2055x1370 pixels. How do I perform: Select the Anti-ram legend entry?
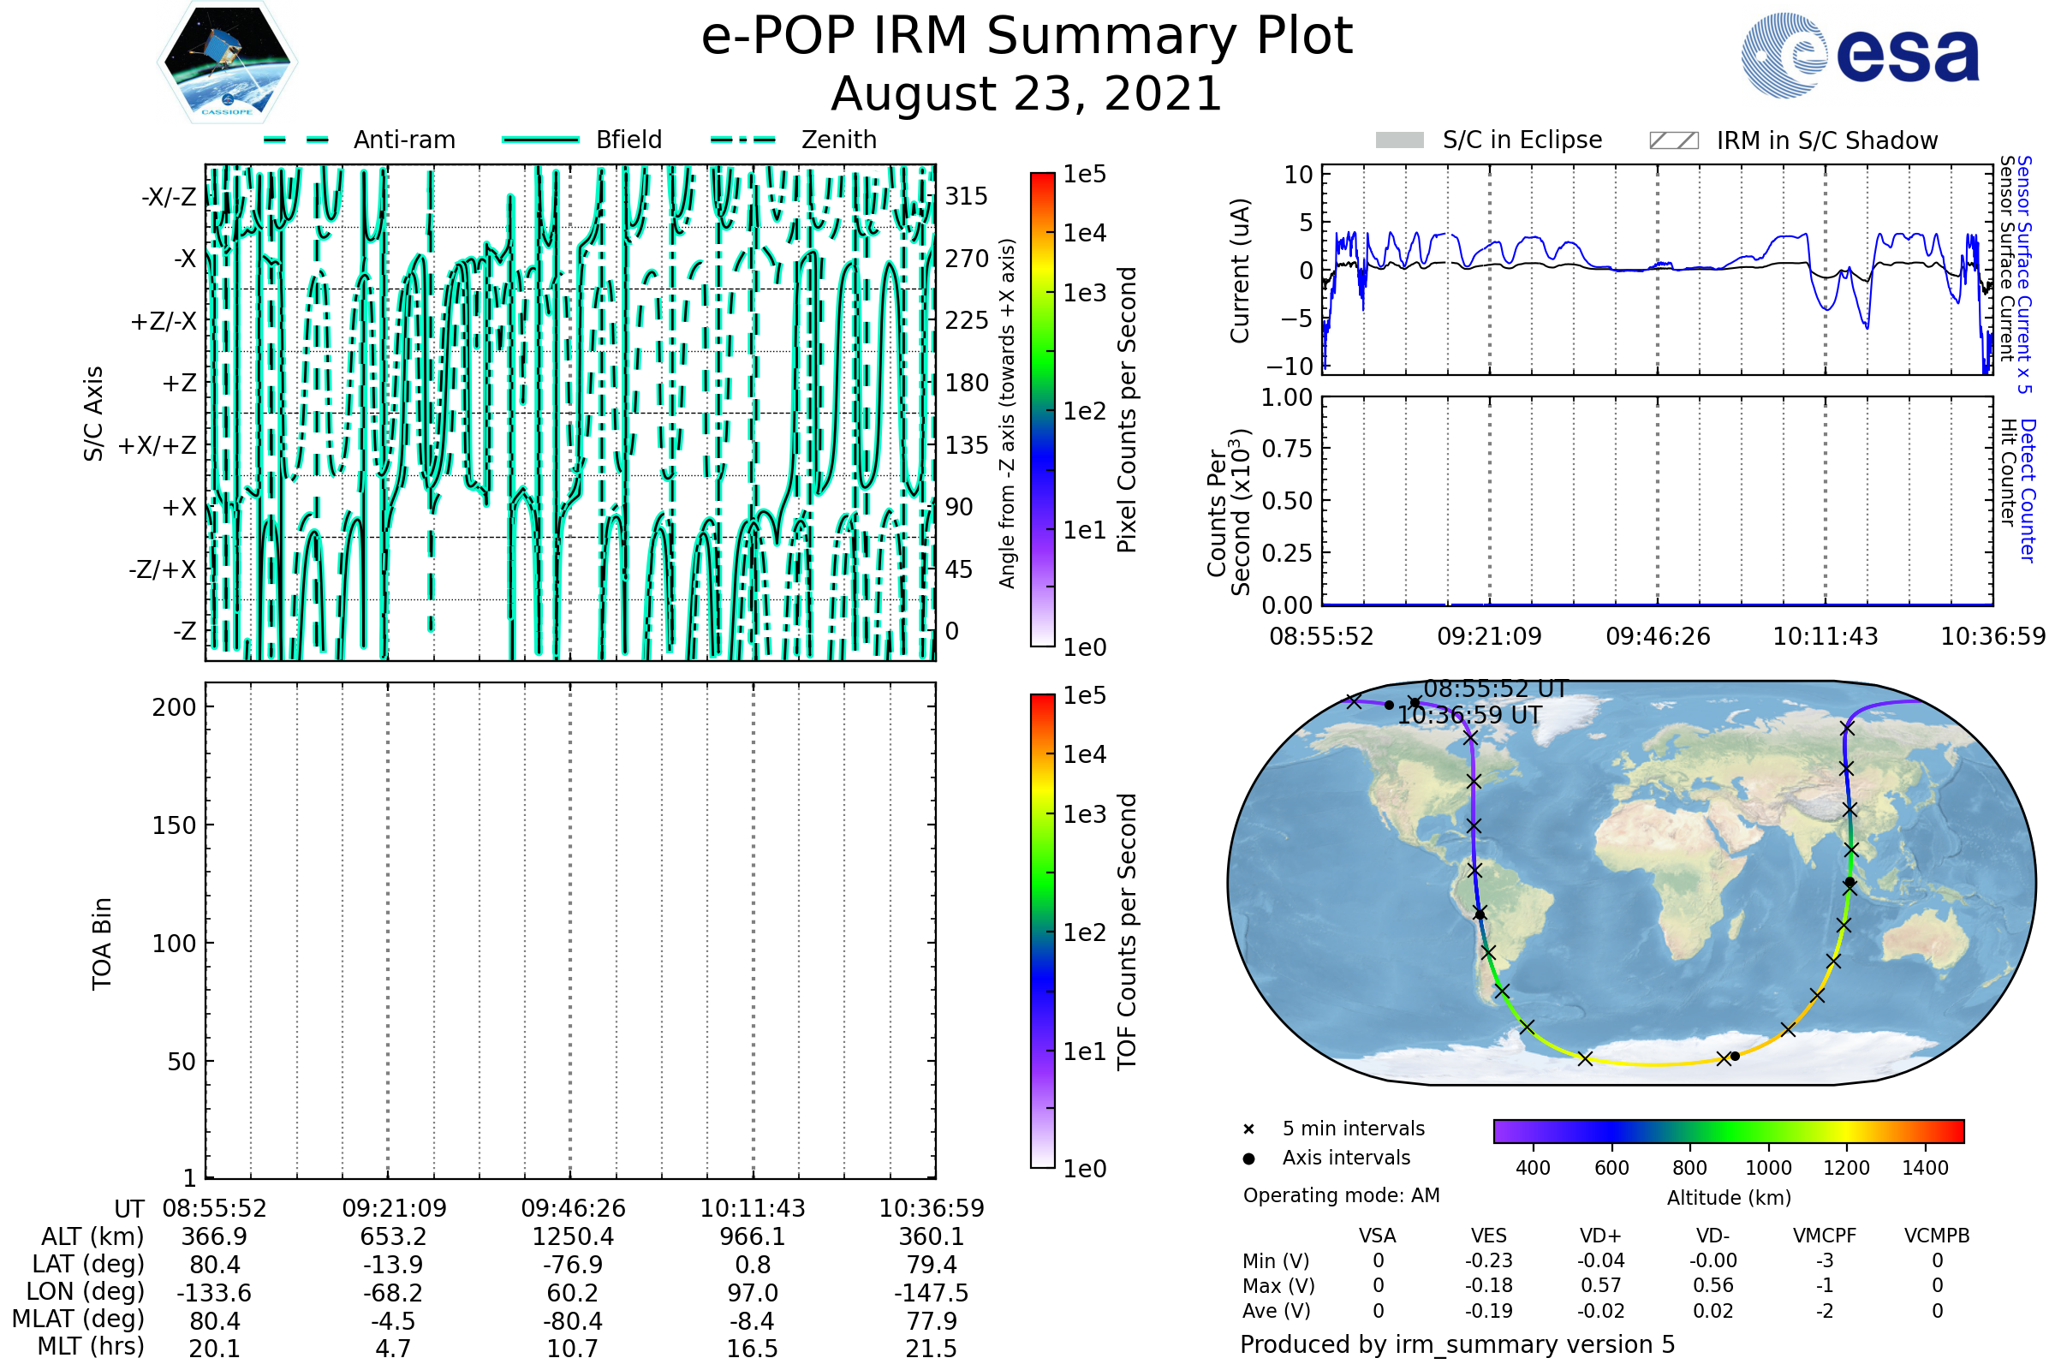pyautogui.click(x=359, y=140)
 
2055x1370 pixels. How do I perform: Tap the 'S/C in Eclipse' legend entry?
pyautogui.click(x=1489, y=140)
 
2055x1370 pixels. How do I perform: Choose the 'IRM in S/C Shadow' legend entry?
pyautogui.click(x=1794, y=140)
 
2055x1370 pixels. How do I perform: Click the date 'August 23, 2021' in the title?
pyautogui.click(x=1027, y=93)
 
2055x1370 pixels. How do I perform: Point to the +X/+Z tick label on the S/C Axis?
pyautogui.click(x=158, y=445)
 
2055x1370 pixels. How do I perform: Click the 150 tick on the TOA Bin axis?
pyautogui.click(x=174, y=825)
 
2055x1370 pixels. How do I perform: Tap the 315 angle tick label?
pyautogui.click(x=967, y=196)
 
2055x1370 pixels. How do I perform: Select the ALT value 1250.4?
pyautogui.click(x=573, y=1236)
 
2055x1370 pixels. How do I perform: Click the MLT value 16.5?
pyautogui.click(x=753, y=1348)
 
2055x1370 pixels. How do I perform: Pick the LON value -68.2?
pyautogui.click(x=393, y=1292)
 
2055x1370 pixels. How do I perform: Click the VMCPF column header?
pyautogui.click(x=1825, y=1236)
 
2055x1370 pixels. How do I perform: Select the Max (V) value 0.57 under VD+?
pyautogui.click(x=1600, y=1285)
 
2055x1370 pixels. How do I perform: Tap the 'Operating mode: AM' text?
pyautogui.click(x=1341, y=1195)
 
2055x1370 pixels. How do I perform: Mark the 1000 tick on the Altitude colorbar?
pyautogui.click(x=1768, y=1168)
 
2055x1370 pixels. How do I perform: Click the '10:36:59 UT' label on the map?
pyautogui.click(x=1469, y=716)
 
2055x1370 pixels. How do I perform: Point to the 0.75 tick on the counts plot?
pyautogui.click(x=1287, y=448)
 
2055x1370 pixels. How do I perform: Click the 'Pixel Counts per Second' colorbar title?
pyautogui.click(x=1127, y=410)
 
